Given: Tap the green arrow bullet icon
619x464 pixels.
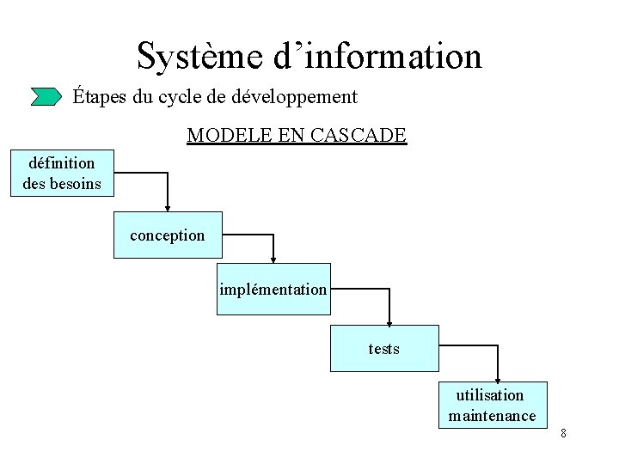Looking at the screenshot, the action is (x=46, y=96).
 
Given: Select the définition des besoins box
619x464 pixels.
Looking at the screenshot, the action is (x=62, y=173).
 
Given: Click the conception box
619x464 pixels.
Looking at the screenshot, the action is (x=168, y=235).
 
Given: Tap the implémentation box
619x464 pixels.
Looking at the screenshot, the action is (x=273, y=289).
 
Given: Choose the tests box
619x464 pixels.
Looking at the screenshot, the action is (x=384, y=348).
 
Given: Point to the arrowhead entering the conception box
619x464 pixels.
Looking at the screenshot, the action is (x=168, y=207).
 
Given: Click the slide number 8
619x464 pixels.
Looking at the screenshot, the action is (x=563, y=433).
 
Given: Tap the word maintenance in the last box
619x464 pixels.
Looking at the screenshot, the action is (x=493, y=416).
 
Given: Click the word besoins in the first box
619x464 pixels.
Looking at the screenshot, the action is (x=75, y=183).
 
